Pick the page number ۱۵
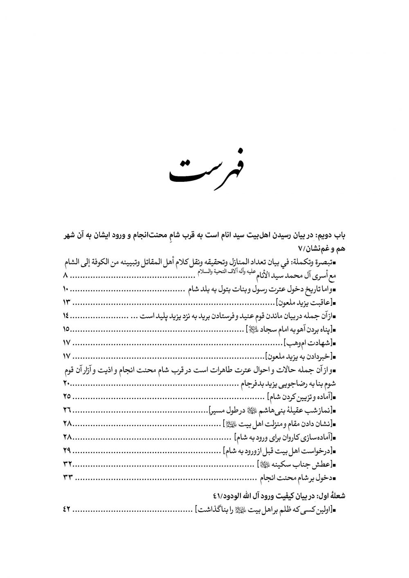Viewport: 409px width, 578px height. [67, 330]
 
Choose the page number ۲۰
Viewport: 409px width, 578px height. [67, 383]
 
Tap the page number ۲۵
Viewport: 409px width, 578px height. [67, 396]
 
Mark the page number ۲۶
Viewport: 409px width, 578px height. [67, 410]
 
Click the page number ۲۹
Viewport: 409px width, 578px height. [67, 450]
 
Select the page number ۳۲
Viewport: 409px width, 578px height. [67, 464]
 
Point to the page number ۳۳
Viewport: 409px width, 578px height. [67, 477]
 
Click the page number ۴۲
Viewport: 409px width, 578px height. [67, 509]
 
